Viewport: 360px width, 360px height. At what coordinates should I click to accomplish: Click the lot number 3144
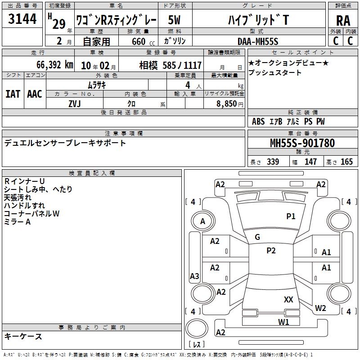tap(22, 19)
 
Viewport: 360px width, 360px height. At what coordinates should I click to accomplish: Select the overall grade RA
tap(343, 21)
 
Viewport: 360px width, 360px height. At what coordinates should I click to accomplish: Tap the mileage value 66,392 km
tap(55, 65)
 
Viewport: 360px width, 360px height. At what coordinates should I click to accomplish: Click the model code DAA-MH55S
tap(258, 41)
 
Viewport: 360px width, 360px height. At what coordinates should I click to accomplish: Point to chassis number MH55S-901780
tap(302, 143)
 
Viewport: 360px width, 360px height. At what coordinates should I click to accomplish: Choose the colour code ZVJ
tap(75, 104)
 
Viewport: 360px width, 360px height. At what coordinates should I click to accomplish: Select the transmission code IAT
tap(13, 94)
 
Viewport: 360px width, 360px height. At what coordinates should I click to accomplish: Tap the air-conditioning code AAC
tap(35, 94)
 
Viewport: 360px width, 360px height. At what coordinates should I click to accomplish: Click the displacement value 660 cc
tap(143, 42)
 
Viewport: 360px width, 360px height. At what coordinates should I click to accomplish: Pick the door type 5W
tap(174, 20)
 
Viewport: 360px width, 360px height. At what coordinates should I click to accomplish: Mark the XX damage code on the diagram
tap(288, 300)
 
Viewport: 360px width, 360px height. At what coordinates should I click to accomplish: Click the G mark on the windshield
tap(257, 237)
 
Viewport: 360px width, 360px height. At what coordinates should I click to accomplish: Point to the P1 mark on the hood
tap(291, 216)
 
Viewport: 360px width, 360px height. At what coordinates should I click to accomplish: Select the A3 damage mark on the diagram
tap(194, 276)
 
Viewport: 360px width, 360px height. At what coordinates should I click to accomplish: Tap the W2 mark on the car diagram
tap(320, 308)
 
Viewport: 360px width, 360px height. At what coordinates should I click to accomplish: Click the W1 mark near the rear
tap(283, 322)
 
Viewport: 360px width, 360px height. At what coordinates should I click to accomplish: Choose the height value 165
tap(346, 162)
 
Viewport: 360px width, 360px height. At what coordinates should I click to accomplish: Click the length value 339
tap(273, 162)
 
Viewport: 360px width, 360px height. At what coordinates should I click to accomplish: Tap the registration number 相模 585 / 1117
tap(171, 65)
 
